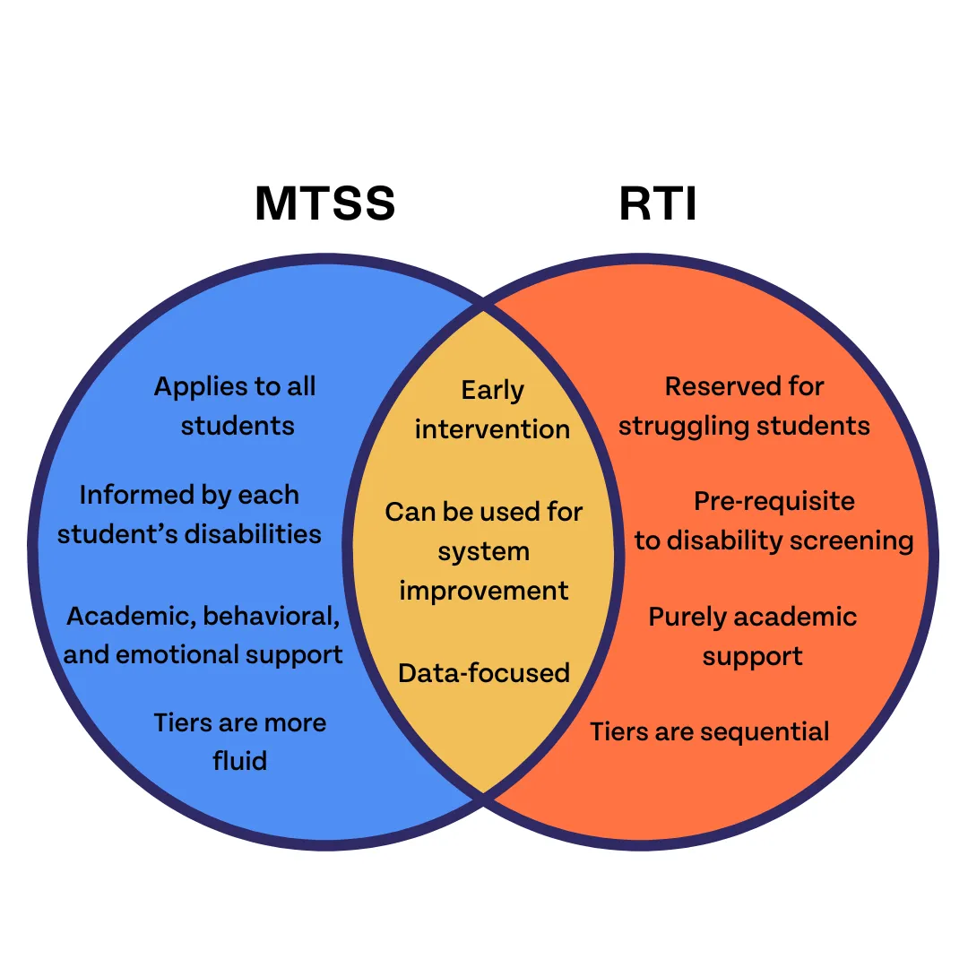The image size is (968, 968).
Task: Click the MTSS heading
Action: tap(324, 204)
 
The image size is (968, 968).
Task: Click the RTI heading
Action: tap(657, 204)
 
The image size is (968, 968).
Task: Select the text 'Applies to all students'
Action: tap(236, 405)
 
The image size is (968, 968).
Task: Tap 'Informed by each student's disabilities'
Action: tap(189, 514)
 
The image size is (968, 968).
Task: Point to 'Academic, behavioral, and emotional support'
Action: tap(203, 635)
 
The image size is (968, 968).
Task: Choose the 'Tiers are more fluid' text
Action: tap(239, 741)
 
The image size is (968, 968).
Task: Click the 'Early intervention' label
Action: tap(492, 410)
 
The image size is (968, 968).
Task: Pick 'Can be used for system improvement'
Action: tap(484, 551)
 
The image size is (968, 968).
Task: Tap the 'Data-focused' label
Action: tap(484, 673)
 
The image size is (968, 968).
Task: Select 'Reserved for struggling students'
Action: tap(744, 405)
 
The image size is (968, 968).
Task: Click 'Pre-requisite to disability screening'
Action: tap(774, 521)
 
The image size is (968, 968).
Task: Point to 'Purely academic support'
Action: tap(753, 635)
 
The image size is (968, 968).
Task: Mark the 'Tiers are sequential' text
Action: tap(710, 731)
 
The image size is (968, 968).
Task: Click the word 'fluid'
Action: tap(239, 761)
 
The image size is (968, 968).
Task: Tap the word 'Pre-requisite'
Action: tap(774, 501)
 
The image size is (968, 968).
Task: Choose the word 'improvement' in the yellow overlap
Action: tap(484, 591)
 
